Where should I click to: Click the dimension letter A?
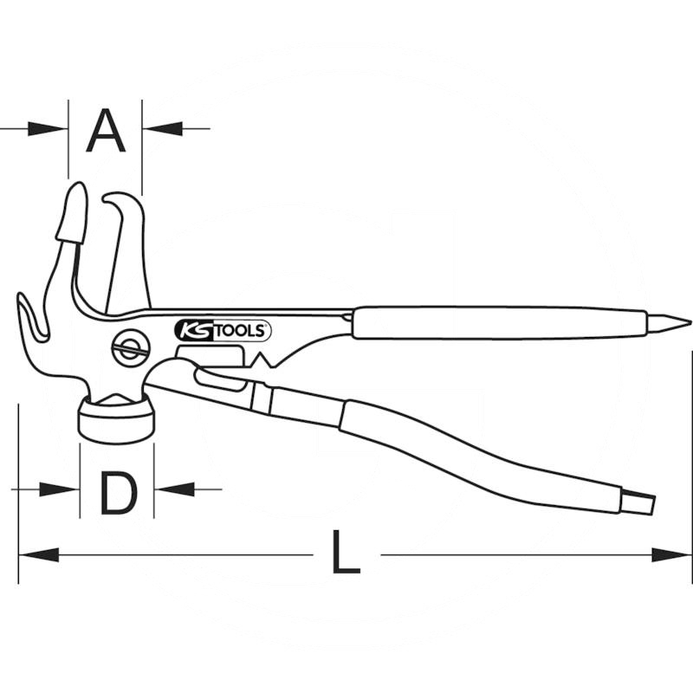(106, 130)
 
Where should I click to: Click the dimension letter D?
(118, 492)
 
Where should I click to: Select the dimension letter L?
(346, 555)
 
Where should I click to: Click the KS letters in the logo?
(192, 330)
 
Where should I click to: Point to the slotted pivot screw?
(129, 349)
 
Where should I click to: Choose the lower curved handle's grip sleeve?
(485, 459)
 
